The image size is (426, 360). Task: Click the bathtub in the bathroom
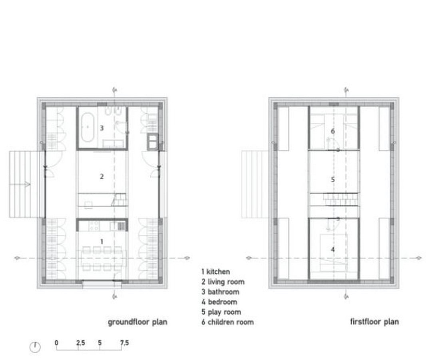88,127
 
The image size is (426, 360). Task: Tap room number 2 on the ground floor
102,176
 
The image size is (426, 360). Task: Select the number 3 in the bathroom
102,128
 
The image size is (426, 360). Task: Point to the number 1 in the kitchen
102,242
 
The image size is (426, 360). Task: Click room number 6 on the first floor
333,131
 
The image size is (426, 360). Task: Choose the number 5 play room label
333,180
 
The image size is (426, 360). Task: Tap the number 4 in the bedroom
333,249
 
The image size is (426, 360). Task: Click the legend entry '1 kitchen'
216,272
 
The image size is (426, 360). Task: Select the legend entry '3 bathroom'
220,292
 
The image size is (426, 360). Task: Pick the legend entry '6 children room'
228,322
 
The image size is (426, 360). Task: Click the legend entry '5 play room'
221,312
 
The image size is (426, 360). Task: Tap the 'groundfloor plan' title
137,322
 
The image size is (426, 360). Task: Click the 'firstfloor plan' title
374,322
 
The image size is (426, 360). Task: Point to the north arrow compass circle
35,347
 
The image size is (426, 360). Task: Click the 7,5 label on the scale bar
124,343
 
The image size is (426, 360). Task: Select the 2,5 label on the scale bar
80,343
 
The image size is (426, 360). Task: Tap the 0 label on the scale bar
56,342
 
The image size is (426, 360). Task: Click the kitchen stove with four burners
94,226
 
